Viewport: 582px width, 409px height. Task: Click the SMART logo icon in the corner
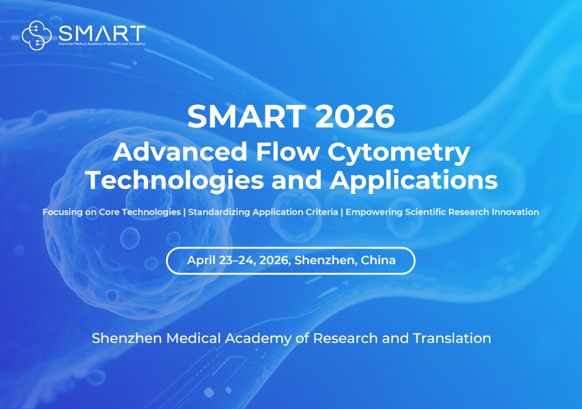coord(36,35)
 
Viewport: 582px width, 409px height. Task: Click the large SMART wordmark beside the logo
coord(102,32)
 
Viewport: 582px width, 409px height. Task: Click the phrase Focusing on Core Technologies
coord(112,213)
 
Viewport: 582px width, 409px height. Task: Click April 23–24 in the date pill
coord(220,261)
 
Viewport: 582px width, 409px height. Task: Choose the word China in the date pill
coord(378,261)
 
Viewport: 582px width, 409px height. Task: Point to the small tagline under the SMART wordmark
coord(102,44)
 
